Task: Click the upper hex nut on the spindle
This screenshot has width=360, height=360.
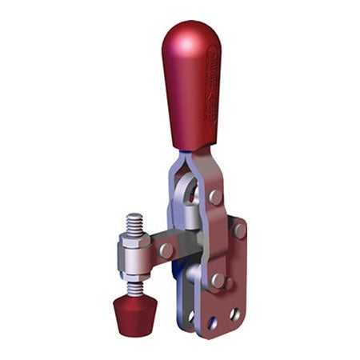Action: pos(134,239)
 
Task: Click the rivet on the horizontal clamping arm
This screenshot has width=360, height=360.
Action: pos(166,250)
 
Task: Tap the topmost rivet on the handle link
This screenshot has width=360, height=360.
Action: pos(215,196)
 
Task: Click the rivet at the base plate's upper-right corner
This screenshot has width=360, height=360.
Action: pos(238,230)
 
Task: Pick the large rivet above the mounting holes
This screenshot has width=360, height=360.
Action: pos(217,280)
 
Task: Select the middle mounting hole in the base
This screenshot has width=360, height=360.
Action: pos(212,323)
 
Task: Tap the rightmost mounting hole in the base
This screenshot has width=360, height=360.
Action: pos(234,314)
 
